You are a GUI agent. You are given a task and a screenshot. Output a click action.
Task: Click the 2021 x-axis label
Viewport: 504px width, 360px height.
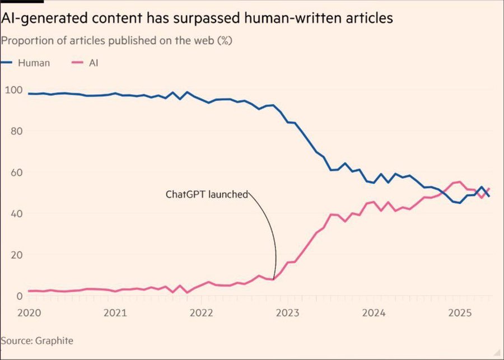(115, 312)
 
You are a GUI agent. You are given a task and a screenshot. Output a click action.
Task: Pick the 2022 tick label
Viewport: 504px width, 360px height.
(201, 312)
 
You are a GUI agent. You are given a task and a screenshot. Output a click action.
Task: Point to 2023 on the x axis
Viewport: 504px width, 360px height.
(287, 312)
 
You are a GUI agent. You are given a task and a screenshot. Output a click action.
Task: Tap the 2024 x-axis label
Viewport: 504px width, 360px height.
(373, 312)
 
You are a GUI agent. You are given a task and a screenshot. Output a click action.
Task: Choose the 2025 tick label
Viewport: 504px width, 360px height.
(459, 312)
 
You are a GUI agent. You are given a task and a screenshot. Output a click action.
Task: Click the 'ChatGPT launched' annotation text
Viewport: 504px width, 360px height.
(206, 195)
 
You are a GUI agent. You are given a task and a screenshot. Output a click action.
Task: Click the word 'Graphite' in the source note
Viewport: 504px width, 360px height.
(55, 340)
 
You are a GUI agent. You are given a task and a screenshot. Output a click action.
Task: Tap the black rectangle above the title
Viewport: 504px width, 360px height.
(14, 2)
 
